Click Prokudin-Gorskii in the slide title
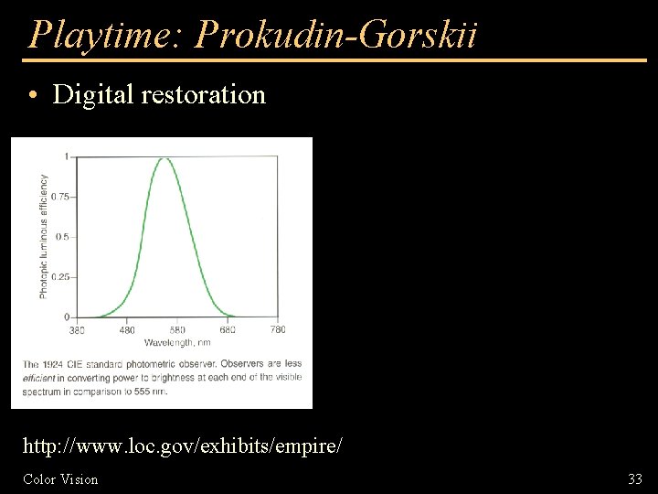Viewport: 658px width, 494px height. [336, 35]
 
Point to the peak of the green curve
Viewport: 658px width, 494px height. [165, 158]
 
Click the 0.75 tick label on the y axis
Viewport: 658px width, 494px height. [59, 197]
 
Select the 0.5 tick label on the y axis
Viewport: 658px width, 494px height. [62, 237]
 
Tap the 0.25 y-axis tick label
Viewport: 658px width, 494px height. [59, 277]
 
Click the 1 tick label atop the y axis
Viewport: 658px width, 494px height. [65, 156]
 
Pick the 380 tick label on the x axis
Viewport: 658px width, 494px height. [77, 329]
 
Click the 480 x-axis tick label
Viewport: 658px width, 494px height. [126, 329]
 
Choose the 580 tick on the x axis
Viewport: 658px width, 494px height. [176, 329]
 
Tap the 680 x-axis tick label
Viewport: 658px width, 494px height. [227, 329]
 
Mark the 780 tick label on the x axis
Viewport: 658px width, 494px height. [277, 329]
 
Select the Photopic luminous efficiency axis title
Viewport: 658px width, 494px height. [43, 236]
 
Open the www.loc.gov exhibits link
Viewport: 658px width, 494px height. [182, 447]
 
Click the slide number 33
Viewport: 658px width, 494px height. [635, 478]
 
